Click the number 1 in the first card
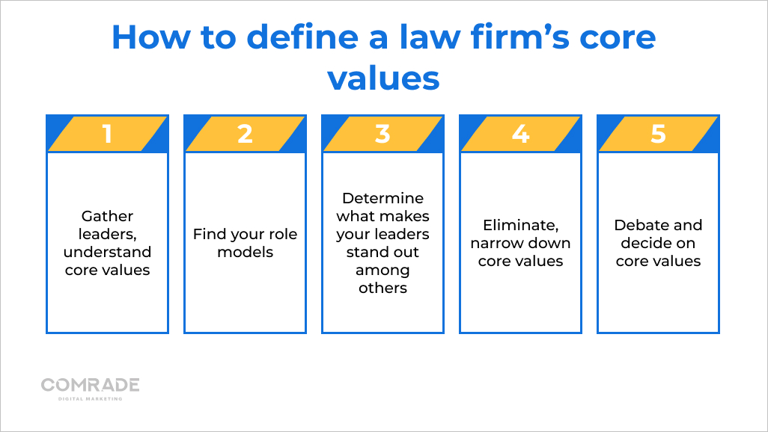[107, 134]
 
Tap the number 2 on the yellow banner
[245, 134]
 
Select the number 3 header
[383, 134]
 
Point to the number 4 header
[520, 134]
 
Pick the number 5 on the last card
[658, 134]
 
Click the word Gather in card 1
[107, 216]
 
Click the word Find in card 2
[209, 234]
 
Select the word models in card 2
[245, 252]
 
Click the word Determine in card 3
[383, 198]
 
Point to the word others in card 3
[383, 288]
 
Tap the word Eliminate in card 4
[519, 225]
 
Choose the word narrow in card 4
[496, 243]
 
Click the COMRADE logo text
[90, 385]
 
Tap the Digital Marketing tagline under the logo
[90, 399]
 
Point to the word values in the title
[383, 77]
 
